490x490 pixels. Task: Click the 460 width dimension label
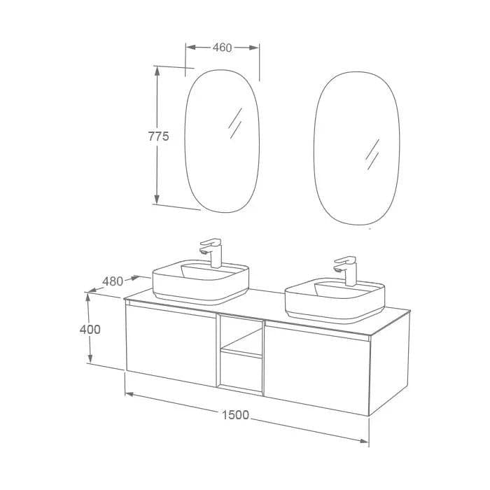(x=222, y=48)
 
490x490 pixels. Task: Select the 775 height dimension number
(x=158, y=136)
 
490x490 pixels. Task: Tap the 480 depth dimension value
(x=113, y=281)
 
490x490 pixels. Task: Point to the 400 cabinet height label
(x=90, y=329)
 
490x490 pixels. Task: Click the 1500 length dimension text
(x=235, y=415)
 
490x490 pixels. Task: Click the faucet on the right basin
(x=346, y=269)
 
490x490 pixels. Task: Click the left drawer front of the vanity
(x=171, y=344)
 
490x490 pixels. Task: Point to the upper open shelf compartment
(x=241, y=335)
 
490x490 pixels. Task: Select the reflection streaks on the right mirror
(x=372, y=154)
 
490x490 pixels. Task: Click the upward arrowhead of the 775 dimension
(x=157, y=71)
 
